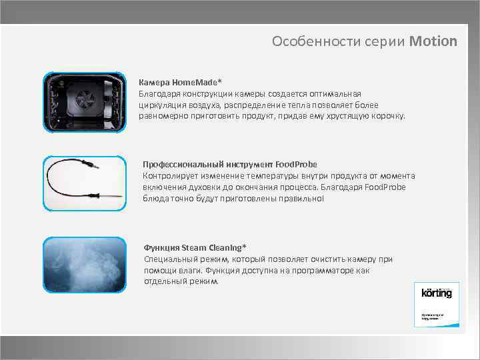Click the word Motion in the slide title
coord(433,41)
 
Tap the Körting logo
coord(437,293)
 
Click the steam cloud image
coord(84,265)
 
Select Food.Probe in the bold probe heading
coord(296,164)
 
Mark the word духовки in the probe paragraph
coord(210,187)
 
